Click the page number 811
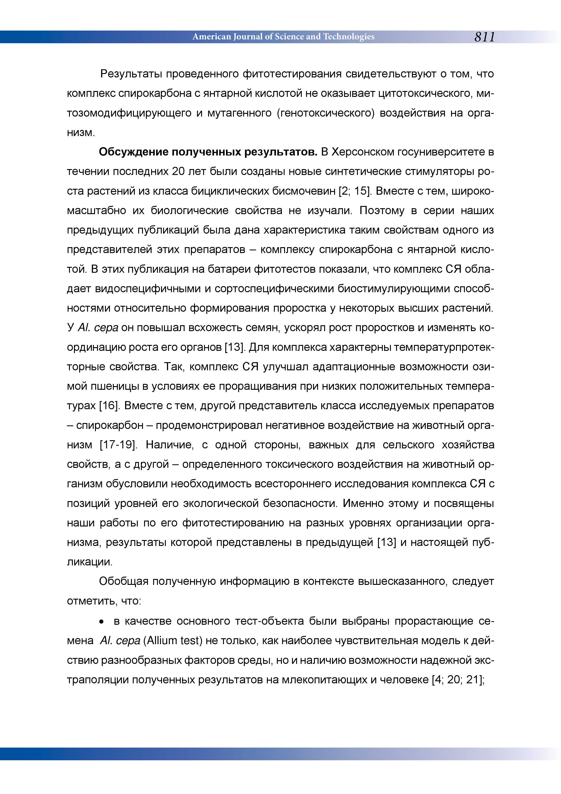[485, 37]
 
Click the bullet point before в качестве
[102, 622]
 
